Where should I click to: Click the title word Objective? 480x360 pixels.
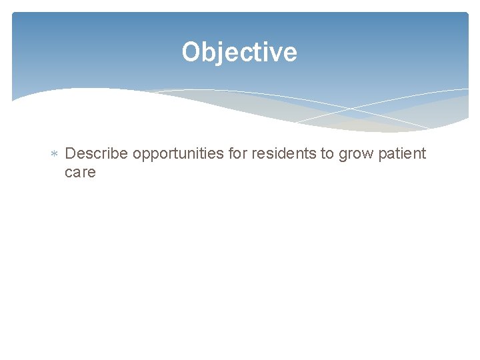(x=239, y=52)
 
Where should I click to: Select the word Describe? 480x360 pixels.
(x=97, y=154)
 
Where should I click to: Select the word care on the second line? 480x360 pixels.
(x=81, y=173)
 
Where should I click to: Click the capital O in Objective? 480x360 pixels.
(x=191, y=52)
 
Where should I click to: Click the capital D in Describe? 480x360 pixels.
(x=71, y=154)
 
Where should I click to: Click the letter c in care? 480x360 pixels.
(x=69, y=173)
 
